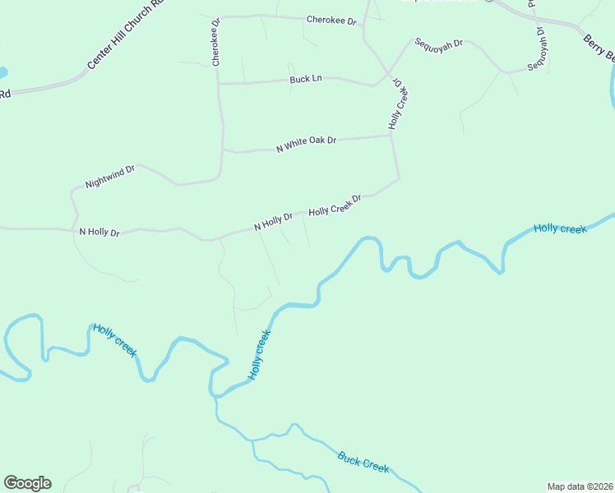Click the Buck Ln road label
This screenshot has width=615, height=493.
click(305, 79)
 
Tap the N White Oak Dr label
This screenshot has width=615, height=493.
click(307, 144)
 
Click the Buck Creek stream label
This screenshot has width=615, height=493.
click(363, 461)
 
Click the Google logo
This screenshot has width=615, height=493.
click(27, 483)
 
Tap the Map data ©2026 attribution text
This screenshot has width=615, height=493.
click(580, 486)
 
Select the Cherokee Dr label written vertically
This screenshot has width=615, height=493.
click(215, 43)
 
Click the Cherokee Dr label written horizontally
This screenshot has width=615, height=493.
click(331, 19)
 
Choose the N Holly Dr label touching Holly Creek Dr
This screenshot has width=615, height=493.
click(273, 222)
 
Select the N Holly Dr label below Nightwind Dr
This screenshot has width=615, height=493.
click(99, 233)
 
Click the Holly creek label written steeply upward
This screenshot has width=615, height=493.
click(258, 355)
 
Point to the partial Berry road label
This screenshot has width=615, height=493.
click(599, 48)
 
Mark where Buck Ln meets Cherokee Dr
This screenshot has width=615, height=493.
click(219, 83)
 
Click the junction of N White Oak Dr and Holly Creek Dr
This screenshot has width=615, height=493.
click(391, 136)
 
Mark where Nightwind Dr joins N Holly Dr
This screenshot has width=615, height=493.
click(74, 227)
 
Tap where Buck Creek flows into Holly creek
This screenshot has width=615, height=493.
click(217, 399)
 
